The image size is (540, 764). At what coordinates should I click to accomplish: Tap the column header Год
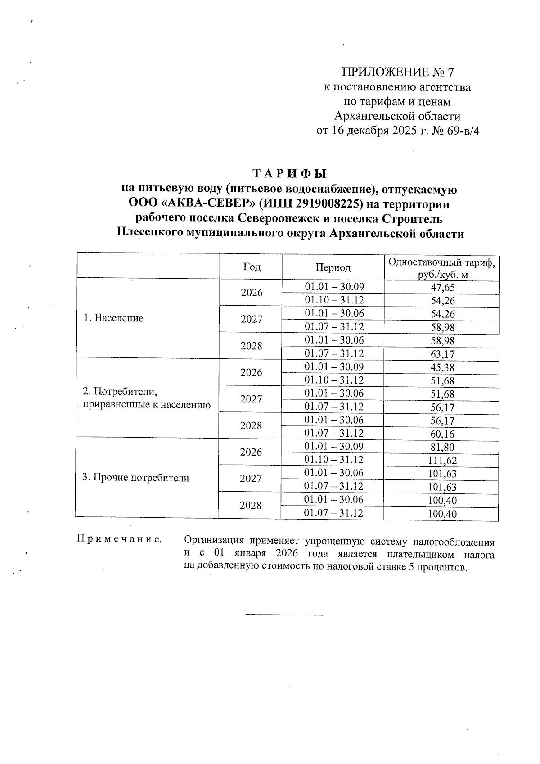click(x=252, y=267)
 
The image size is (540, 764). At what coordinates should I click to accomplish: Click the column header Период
click(x=333, y=267)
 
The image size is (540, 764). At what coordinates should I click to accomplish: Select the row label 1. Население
click(x=114, y=318)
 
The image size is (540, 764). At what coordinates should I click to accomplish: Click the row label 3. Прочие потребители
click(x=135, y=478)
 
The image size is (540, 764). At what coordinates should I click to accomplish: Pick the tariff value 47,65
click(x=443, y=288)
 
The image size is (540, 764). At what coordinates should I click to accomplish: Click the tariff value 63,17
click(x=443, y=354)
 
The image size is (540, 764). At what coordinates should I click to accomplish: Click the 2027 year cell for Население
click(x=252, y=320)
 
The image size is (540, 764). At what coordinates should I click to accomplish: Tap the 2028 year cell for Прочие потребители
click(x=251, y=506)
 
